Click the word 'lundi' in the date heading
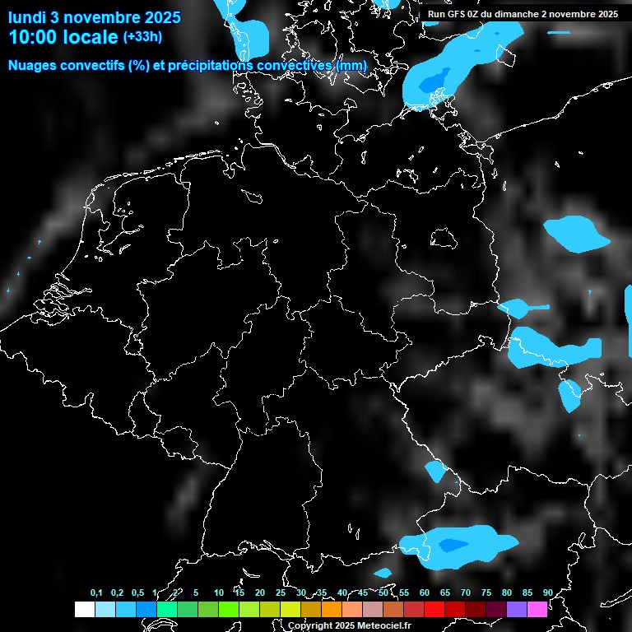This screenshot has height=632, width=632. [x=27, y=16]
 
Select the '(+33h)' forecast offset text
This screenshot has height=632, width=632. [x=142, y=36]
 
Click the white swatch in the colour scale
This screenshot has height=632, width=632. [x=84, y=609]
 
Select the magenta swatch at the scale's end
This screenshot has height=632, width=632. [x=537, y=609]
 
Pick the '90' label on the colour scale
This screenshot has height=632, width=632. [x=547, y=592]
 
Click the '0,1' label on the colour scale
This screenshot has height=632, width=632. [x=96, y=592]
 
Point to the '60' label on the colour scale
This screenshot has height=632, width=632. [x=424, y=592]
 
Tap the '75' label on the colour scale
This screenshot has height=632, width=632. [x=486, y=592]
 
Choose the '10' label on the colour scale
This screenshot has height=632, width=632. [x=218, y=592]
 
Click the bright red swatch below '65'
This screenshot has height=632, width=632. [x=434, y=609]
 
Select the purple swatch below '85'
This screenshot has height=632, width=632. [x=516, y=609]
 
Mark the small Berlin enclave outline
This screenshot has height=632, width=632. [x=444, y=237]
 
